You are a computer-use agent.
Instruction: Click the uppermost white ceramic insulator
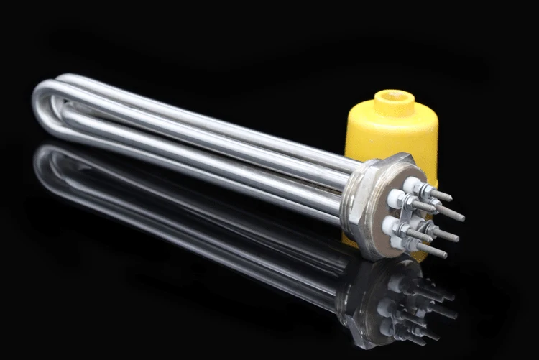410,184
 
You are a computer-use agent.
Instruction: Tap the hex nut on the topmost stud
425,190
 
